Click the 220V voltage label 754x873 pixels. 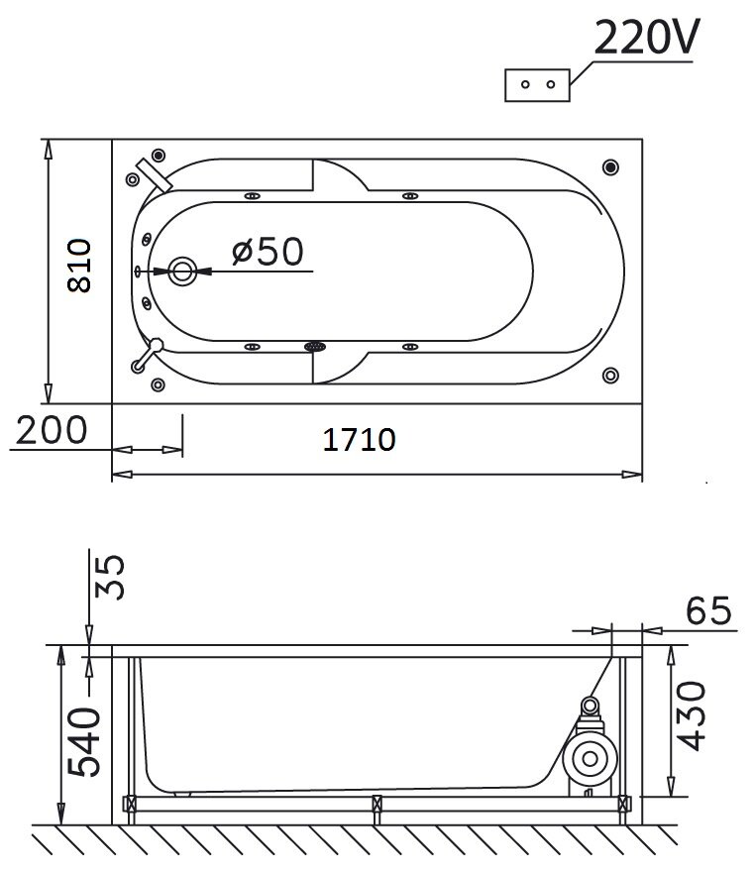click(x=646, y=38)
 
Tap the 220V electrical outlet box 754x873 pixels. click(x=537, y=85)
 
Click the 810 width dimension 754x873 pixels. click(x=78, y=267)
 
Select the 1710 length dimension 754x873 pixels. click(x=360, y=439)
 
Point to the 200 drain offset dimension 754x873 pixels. click(x=52, y=430)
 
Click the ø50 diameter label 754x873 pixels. click(x=268, y=251)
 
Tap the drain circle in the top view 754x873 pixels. click(x=182, y=272)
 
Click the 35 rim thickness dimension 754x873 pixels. click(x=110, y=577)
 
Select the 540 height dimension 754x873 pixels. click(x=84, y=741)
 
